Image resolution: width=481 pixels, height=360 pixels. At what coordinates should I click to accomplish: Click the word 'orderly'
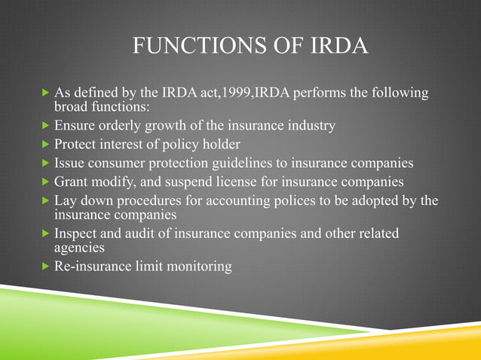pyautogui.click(x=121, y=126)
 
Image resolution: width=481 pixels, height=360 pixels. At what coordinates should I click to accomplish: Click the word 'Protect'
pyautogui.click(x=77, y=144)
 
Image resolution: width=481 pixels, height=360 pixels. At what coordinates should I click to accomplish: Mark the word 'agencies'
pyautogui.click(x=79, y=246)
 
